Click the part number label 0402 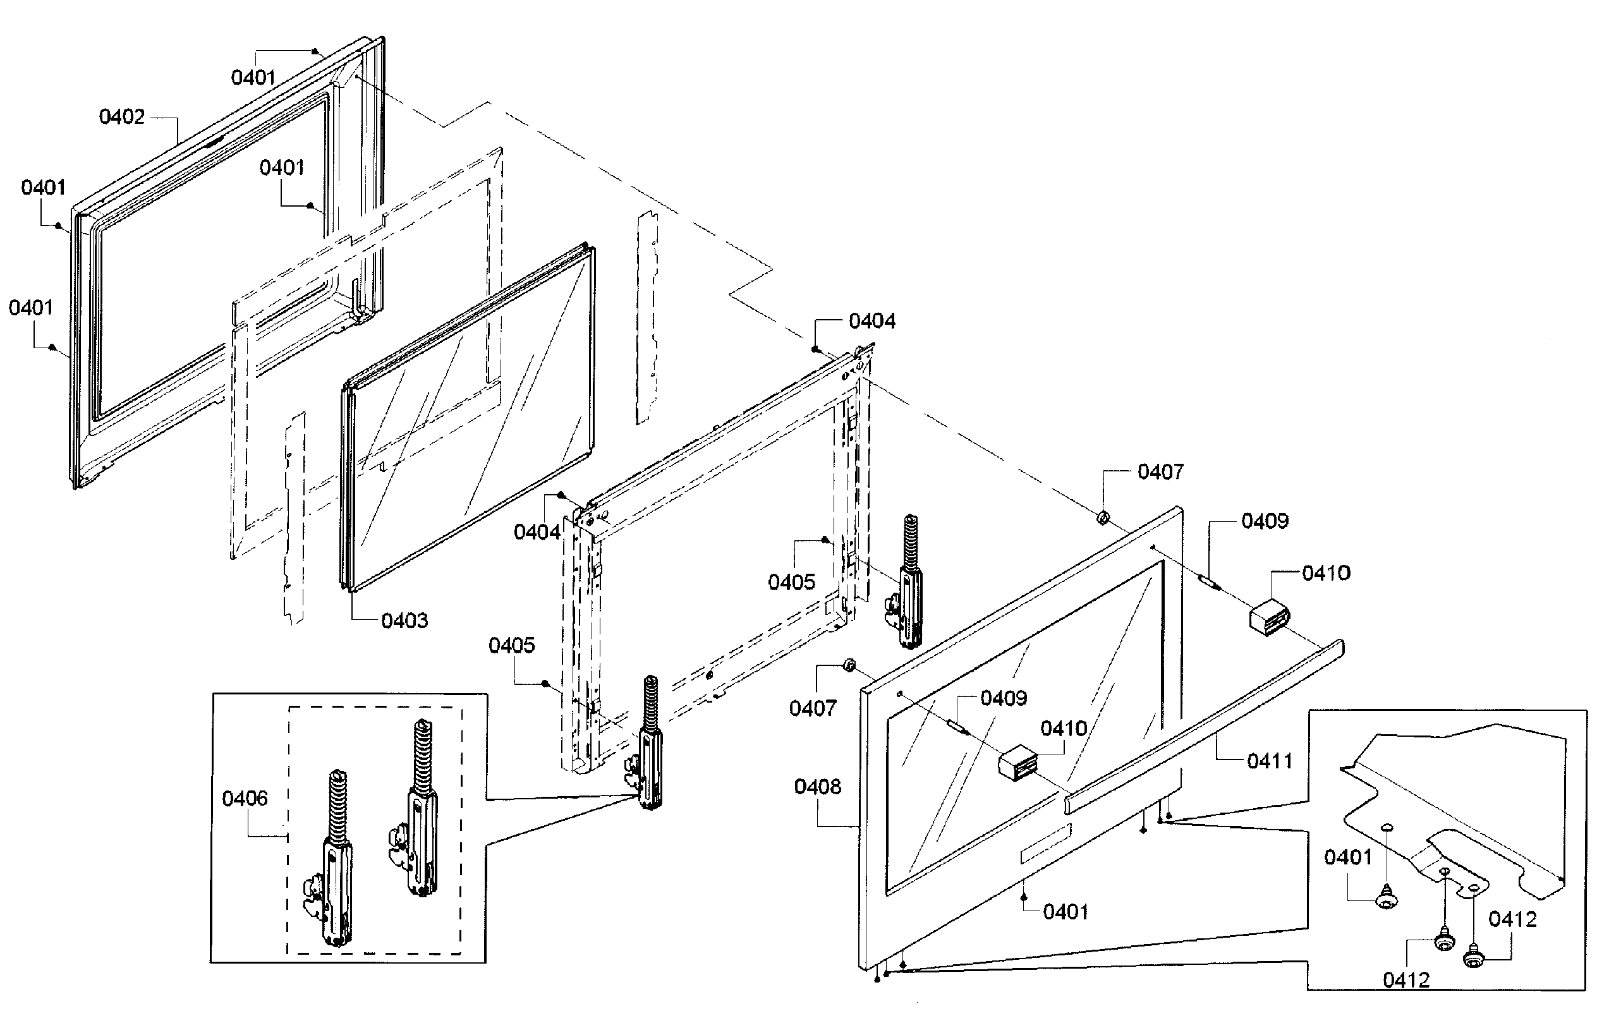click(121, 117)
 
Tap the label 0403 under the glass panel click(404, 620)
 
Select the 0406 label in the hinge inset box click(245, 799)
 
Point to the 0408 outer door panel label click(817, 786)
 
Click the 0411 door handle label click(1270, 761)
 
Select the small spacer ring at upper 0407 click(1103, 518)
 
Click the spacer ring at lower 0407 click(849, 665)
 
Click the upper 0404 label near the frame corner click(871, 321)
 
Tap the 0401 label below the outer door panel click(1066, 911)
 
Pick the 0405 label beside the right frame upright click(791, 582)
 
